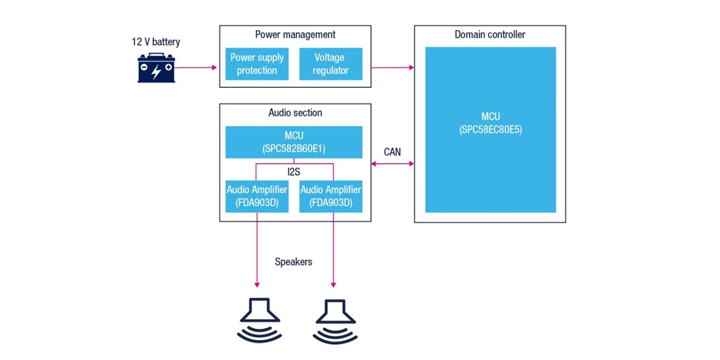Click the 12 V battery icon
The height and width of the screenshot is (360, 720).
click(157, 68)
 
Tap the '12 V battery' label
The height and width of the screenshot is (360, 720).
click(155, 42)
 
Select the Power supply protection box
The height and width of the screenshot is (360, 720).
click(257, 64)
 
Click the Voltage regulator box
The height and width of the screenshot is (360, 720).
click(331, 64)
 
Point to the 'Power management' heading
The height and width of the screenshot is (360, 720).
click(295, 34)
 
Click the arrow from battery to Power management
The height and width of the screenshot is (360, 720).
click(197, 67)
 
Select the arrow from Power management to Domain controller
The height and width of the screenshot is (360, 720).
click(392, 67)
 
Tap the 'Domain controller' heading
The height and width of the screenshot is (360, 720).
click(490, 34)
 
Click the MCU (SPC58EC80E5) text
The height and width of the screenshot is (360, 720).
click(490, 124)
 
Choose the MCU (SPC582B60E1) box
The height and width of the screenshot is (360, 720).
click(294, 142)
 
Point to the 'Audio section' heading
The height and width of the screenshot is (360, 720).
click(295, 113)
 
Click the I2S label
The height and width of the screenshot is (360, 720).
click(294, 171)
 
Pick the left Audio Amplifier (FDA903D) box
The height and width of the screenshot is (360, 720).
click(257, 196)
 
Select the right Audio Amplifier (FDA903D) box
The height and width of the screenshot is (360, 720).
click(331, 196)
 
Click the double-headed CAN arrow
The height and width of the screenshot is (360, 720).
click(392, 164)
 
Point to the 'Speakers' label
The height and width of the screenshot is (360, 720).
click(293, 262)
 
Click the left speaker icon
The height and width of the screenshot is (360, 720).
click(258, 320)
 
